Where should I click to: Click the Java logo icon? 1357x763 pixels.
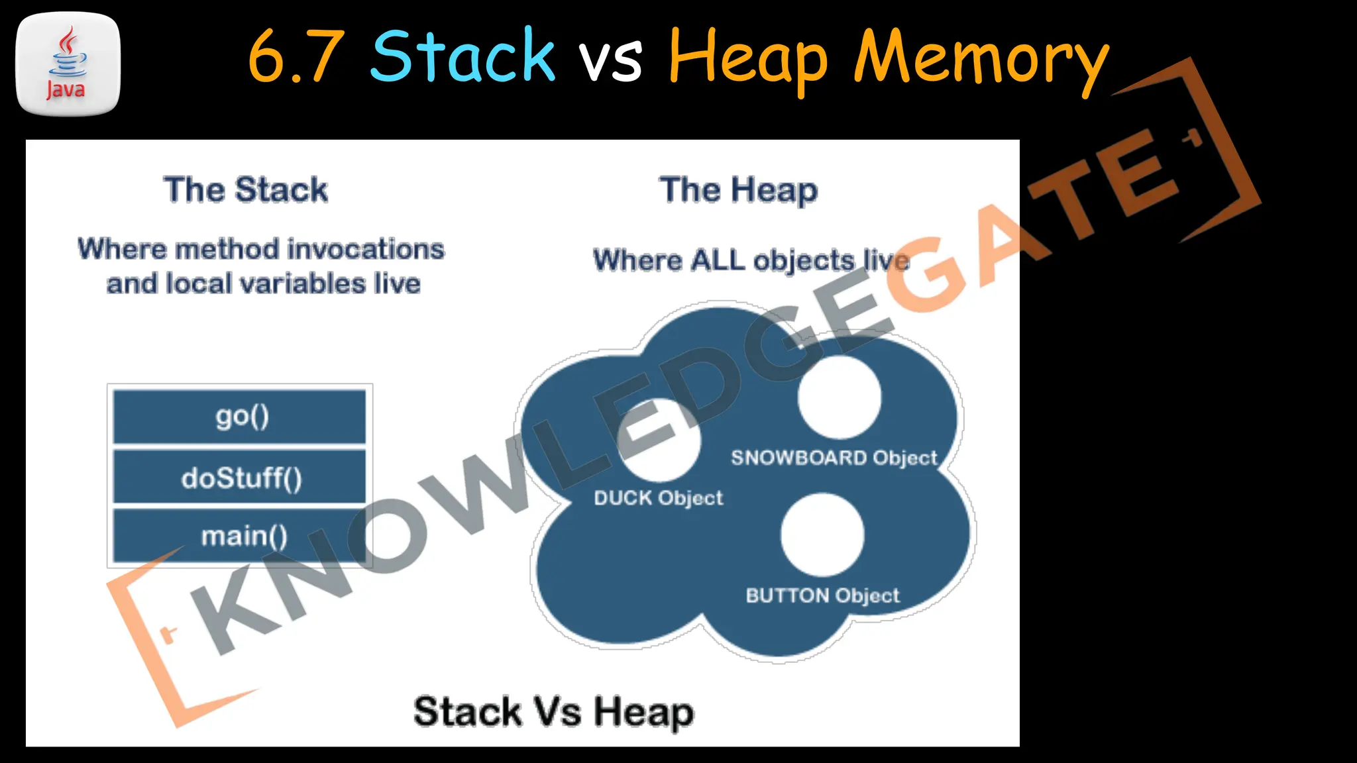(68, 64)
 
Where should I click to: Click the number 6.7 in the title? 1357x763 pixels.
(296, 57)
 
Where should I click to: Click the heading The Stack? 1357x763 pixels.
(246, 190)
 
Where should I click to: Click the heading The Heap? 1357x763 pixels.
(738, 191)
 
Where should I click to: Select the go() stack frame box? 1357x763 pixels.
(240, 417)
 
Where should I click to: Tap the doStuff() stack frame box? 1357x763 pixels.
(240, 477)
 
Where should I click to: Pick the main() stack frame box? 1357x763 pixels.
(240, 535)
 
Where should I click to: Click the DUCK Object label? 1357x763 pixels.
(658, 498)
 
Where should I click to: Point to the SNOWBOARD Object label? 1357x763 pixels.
(834, 458)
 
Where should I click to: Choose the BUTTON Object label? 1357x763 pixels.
(822, 595)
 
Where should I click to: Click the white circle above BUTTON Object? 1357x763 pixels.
(822, 535)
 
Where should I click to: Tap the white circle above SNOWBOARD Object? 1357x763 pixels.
(840, 397)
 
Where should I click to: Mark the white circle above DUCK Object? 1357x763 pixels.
(659, 440)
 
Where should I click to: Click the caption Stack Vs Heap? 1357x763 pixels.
(553, 712)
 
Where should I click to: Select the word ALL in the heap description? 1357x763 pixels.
(718, 260)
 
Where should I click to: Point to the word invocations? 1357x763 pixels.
(366, 250)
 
